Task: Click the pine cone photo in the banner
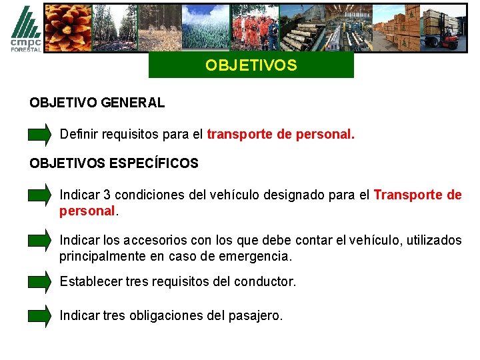tap(68, 27)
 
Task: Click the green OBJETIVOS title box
tap(251, 66)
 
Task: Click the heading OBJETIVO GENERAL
tap(97, 103)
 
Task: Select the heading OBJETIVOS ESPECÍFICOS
tap(114, 163)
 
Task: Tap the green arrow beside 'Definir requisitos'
tap(40, 134)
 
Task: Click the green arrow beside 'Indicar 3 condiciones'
tap(40, 195)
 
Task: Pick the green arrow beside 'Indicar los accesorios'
tap(40, 241)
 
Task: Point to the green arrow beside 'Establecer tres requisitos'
tap(40, 281)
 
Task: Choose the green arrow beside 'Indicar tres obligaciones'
tap(40, 315)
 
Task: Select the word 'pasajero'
tap(257, 315)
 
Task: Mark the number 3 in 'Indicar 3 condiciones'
tap(107, 195)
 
